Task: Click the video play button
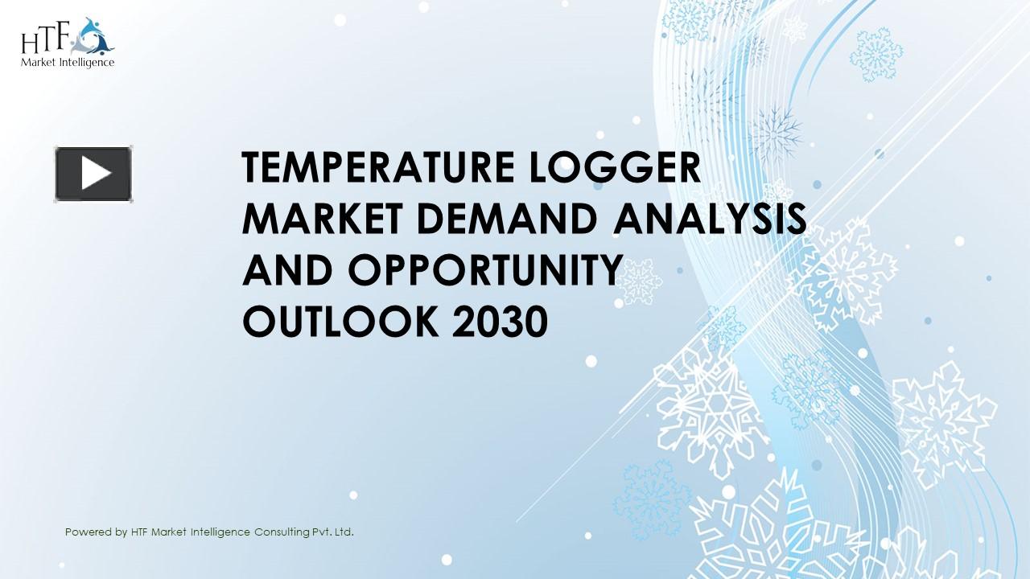(x=93, y=174)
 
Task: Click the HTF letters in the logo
(x=47, y=38)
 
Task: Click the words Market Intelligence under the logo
(x=68, y=62)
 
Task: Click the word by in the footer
(x=121, y=532)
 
